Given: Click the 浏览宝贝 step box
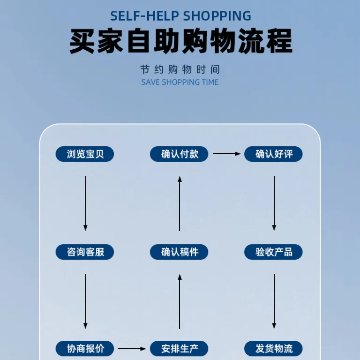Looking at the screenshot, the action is (85, 154).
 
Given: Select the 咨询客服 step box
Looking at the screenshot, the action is (85, 252).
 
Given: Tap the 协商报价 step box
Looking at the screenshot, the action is (85, 349).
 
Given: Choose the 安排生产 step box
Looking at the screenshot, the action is (179, 349).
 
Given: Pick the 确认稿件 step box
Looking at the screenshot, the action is (179, 252).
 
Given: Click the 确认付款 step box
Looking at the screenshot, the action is (179, 154).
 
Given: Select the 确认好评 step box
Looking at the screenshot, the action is (273, 154).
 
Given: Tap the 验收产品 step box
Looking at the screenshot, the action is (273, 252).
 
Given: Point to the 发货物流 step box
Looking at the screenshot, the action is (273, 349).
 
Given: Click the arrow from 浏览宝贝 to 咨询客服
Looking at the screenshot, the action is (86, 203).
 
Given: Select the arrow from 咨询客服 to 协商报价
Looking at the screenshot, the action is (86, 301).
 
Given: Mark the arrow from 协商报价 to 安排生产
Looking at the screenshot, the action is (132, 349).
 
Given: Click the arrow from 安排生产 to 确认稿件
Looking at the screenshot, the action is (180, 301).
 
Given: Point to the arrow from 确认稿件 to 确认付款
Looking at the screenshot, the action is (180, 203).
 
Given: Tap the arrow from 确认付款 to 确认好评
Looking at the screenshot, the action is (226, 154).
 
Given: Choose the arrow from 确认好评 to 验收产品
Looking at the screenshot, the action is (274, 203).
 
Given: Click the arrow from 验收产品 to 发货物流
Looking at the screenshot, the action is (274, 301).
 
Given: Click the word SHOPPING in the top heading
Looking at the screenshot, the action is (217, 16).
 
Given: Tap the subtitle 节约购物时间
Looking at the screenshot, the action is (180, 69).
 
